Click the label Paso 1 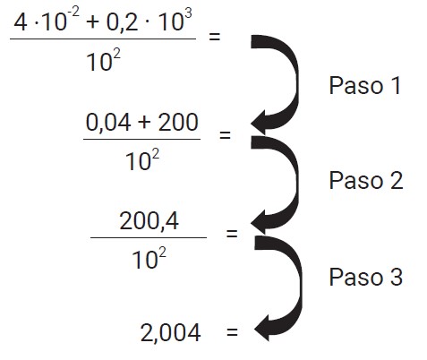364,86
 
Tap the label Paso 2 366,180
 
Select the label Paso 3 366,277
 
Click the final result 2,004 170,333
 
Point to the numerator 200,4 149,221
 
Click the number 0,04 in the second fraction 108,123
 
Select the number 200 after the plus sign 178,122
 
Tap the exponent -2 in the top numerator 73,13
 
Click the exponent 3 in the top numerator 188,13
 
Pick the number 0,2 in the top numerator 123,22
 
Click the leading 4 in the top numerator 21,22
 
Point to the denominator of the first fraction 103,60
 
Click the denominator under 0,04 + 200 142,159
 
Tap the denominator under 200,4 149,258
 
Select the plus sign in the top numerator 92,23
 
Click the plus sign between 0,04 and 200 144,123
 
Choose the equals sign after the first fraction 214,37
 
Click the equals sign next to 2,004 232,331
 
